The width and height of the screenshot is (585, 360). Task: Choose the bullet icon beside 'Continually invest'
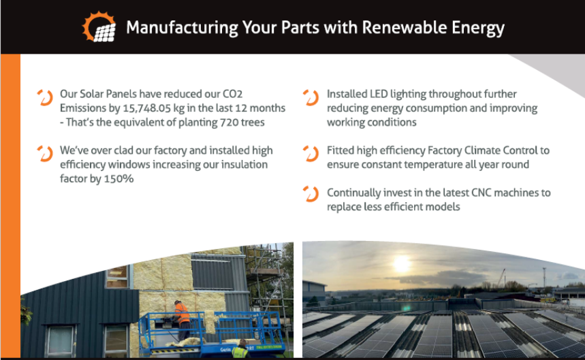311,195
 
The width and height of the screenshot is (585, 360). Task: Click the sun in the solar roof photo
402,264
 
